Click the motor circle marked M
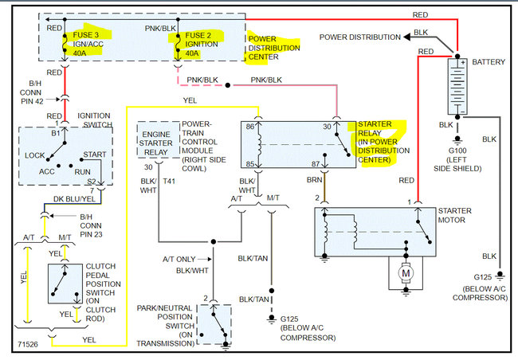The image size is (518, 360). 405,273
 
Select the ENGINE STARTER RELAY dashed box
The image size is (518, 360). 158,140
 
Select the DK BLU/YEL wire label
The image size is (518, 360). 73,201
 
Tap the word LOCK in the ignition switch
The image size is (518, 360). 35,156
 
